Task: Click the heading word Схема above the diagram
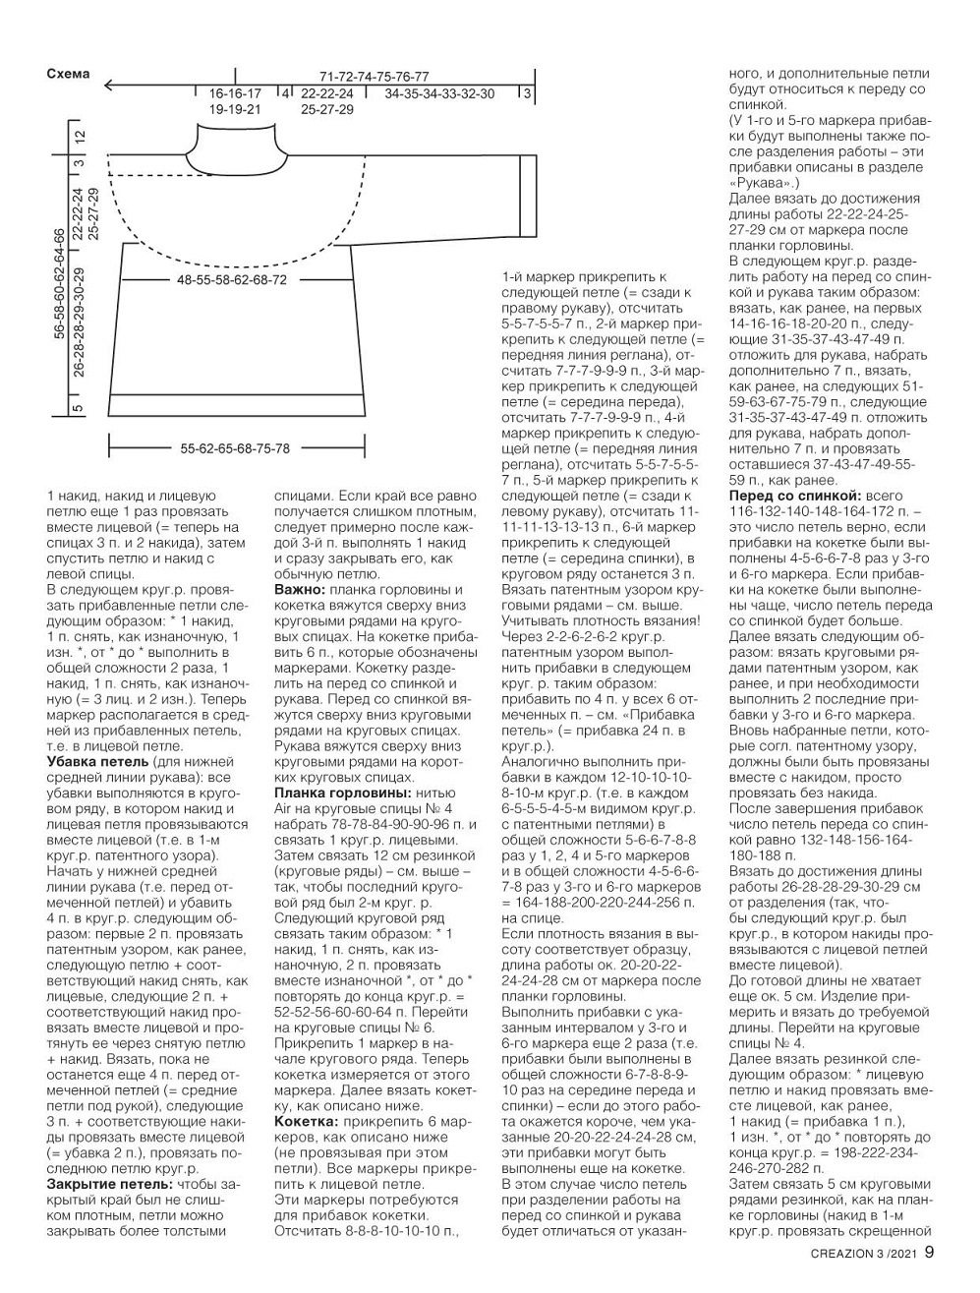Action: (x=68, y=74)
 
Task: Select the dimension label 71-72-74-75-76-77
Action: (x=375, y=76)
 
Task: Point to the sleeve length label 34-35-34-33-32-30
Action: (x=439, y=94)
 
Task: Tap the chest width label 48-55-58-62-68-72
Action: (x=232, y=280)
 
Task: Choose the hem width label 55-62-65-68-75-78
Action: (x=235, y=448)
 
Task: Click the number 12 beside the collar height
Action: (x=80, y=137)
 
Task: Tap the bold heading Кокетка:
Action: (x=306, y=1120)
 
